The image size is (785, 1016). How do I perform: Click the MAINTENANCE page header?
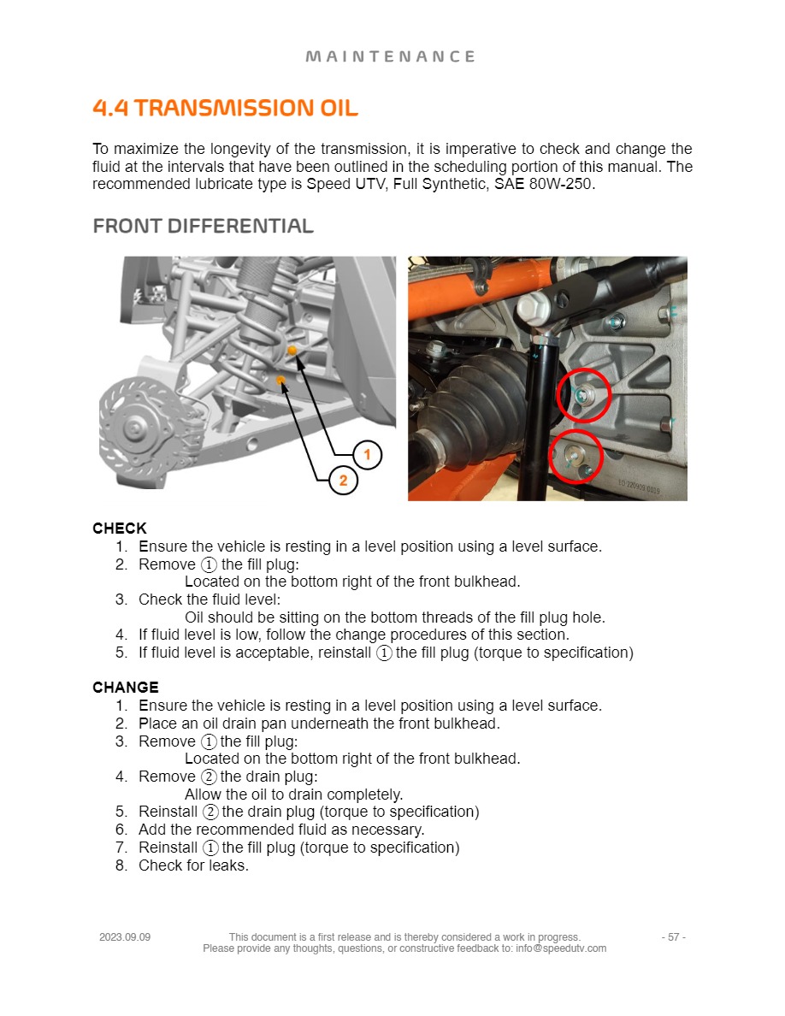[391, 56]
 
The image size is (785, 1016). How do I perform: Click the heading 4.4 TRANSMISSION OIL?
[225, 109]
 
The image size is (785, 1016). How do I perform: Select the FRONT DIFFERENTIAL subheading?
[203, 227]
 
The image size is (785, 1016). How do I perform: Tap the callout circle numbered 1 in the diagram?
[367, 454]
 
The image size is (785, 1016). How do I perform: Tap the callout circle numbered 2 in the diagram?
[343, 481]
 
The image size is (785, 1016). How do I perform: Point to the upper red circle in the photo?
[583, 395]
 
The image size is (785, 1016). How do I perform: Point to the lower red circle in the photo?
[575, 456]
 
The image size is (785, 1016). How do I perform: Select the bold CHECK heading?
[120, 529]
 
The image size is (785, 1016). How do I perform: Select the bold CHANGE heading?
[126, 688]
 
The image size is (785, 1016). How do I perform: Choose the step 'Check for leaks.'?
[193, 865]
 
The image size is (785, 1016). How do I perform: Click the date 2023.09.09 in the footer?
[125, 937]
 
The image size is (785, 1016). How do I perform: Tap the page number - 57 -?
[673, 937]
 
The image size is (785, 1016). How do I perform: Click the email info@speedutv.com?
[561, 948]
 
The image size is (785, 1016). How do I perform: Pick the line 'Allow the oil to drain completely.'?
[293, 794]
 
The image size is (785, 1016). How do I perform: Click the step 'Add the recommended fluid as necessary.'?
[281, 830]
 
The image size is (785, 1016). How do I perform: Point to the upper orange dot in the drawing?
[292, 351]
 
